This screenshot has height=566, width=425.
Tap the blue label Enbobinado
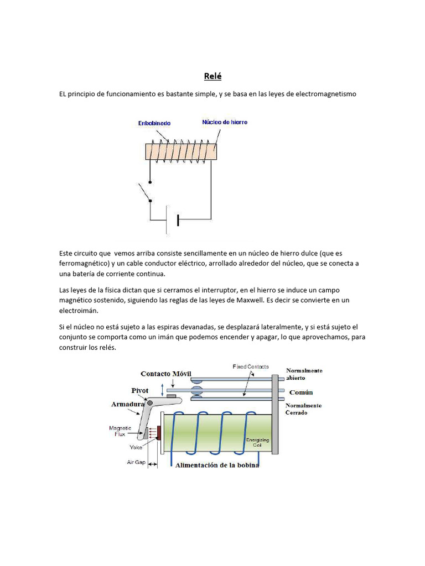click(x=154, y=123)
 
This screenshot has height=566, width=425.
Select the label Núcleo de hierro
click(x=225, y=122)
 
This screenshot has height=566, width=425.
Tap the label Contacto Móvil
click(x=165, y=374)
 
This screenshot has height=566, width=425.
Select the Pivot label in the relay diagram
click(x=140, y=390)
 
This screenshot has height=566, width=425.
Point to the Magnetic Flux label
click(x=120, y=430)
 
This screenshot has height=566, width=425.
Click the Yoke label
click(x=136, y=448)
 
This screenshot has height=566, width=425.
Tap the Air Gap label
click(x=136, y=462)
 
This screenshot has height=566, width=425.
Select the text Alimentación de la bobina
click(x=217, y=465)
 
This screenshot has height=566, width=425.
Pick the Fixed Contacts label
click(x=250, y=366)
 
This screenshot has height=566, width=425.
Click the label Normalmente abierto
click(x=304, y=374)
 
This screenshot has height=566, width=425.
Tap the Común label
click(x=299, y=392)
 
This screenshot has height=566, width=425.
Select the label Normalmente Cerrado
click(x=303, y=409)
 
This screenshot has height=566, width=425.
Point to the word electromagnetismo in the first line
click(x=327, y=94)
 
